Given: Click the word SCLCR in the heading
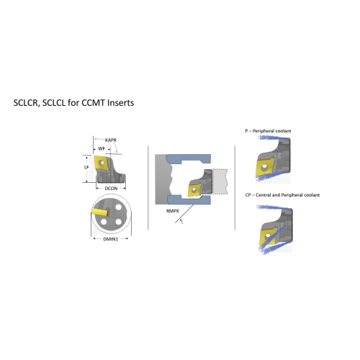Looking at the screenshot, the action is point(25,103).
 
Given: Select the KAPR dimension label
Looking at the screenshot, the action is point(111,140).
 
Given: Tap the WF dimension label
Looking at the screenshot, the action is point(102,149).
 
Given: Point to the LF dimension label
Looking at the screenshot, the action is point(86,167).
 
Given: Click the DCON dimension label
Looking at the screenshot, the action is point(111,189).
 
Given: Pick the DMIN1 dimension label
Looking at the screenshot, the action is point(111,239).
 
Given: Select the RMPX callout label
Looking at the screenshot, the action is point(173,211).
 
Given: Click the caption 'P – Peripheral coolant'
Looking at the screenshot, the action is point(268,131).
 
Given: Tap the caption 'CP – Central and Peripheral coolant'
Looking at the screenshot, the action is point(282,195).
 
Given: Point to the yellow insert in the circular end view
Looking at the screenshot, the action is point(99,212).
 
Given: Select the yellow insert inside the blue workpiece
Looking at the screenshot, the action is point(194,190).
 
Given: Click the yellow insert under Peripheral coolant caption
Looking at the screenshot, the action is point(265,167).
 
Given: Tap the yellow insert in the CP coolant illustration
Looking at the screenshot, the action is point(268,238).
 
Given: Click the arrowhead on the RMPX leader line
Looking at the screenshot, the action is point(181,220).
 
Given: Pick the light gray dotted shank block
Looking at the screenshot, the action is point(220,181).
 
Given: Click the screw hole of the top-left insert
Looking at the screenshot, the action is point(102,163).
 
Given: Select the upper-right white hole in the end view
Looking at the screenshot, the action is point(118,207).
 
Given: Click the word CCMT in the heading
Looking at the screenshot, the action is point(93,103).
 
